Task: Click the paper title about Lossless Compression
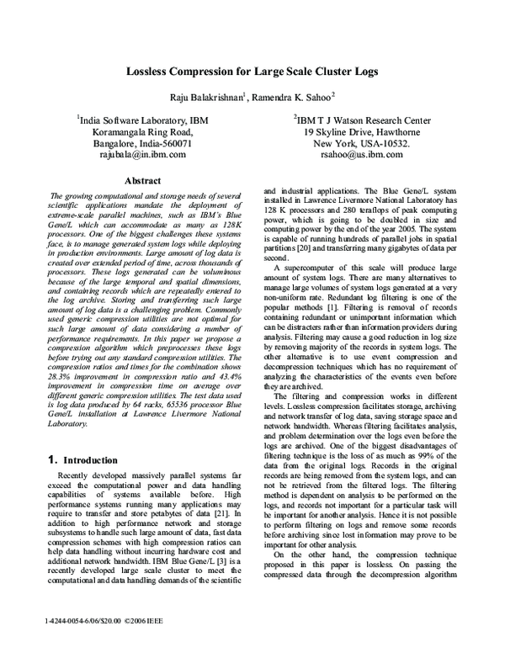point(252,72)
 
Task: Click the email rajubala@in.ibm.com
point(143,156)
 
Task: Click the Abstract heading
point(142,181)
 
